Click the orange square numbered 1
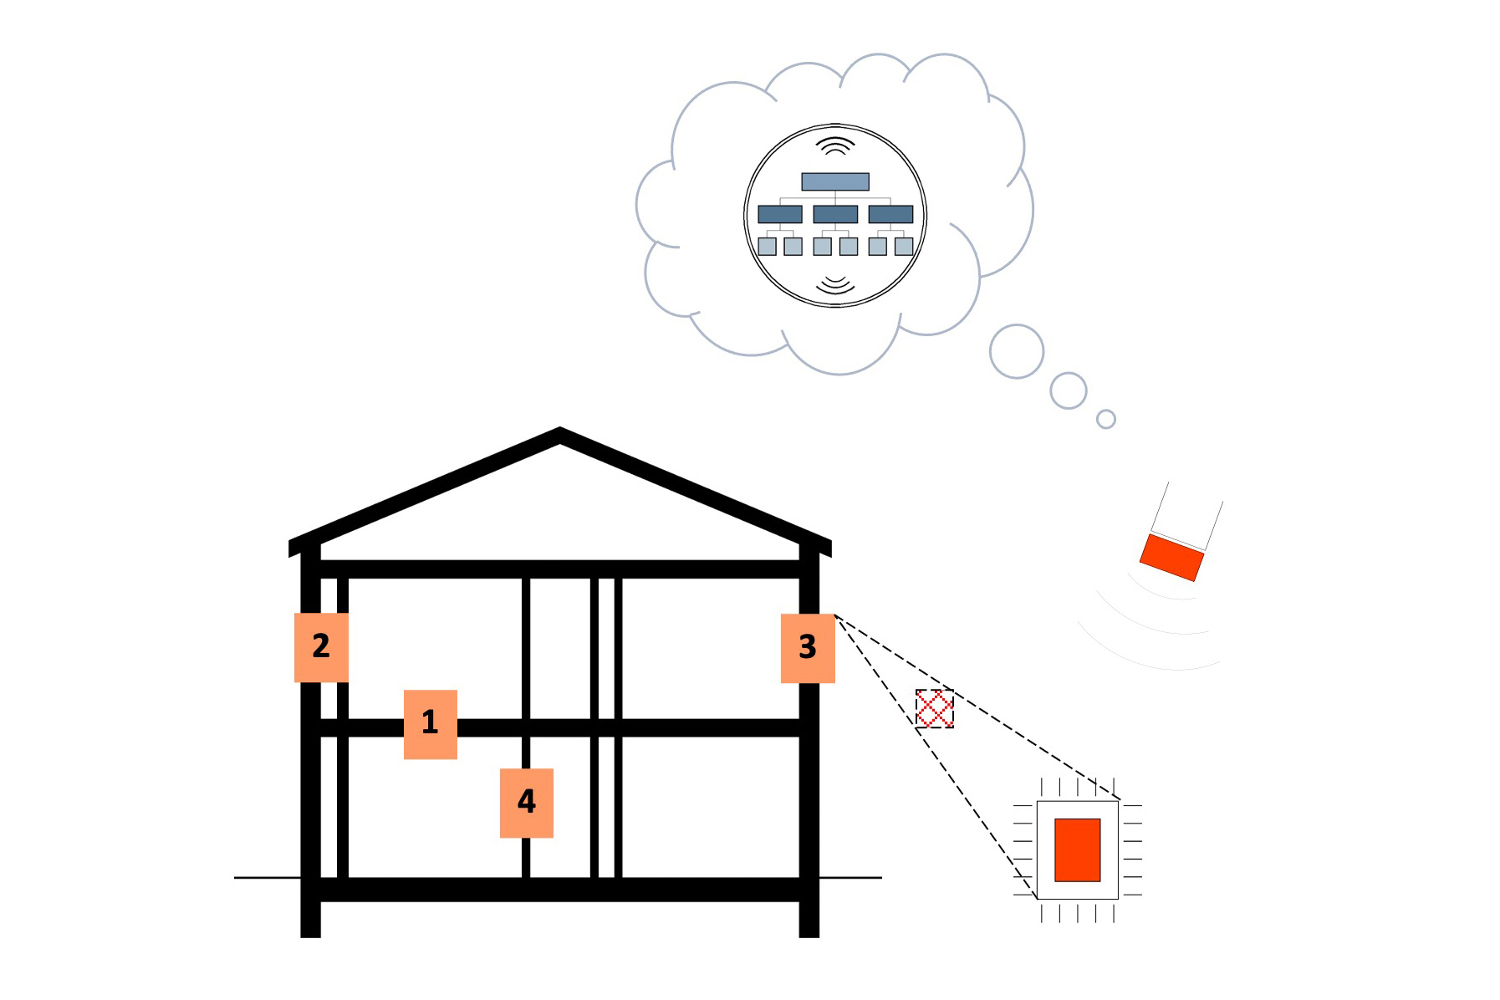430,724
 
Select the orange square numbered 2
321,647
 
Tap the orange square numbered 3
808,648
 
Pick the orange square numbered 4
527,803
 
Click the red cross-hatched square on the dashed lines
935,708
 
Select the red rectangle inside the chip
1077,849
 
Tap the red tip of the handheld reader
1171,558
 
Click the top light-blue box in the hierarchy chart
835,181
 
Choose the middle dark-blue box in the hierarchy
835,215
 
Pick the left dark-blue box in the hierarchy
780,215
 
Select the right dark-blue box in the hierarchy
890,215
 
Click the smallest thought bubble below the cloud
1106,419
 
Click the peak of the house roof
560,430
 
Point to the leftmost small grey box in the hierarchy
767,247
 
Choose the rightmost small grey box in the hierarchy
904,247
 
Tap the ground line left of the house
268,878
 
